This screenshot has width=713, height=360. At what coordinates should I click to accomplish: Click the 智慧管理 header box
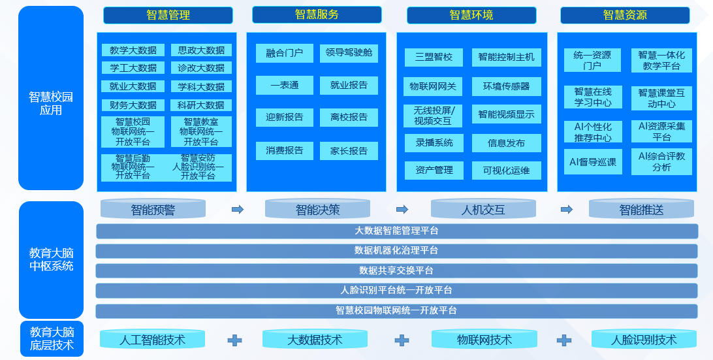pos(168,15)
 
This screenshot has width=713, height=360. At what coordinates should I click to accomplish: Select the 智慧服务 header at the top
pos(317,14)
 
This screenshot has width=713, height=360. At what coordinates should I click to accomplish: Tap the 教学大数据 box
pos(133,50)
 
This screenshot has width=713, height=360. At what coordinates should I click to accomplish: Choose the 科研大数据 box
pos(201,105)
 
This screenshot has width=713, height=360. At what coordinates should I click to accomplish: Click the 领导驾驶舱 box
pos(349,52)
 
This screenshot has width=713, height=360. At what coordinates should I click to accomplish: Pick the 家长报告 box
pos(349,151)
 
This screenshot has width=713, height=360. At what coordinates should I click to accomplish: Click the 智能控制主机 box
pos(506,57)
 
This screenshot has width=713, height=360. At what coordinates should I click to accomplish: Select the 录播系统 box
pos(434,142)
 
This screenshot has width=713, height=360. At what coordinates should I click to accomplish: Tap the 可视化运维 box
pos(506,171)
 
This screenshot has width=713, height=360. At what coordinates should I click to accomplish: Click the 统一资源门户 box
pos(592,60)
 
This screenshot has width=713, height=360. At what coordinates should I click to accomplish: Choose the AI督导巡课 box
pos(593,161)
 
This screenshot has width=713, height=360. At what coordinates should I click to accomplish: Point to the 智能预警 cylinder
pos(153,210)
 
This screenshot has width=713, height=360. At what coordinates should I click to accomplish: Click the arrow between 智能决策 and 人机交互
pos(402,210)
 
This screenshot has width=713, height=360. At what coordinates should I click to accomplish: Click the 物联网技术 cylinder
pos(484,340)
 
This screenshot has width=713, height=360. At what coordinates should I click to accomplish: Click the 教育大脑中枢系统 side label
pos(51,259)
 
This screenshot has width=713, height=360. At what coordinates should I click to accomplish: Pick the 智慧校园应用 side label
pos(51,103)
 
